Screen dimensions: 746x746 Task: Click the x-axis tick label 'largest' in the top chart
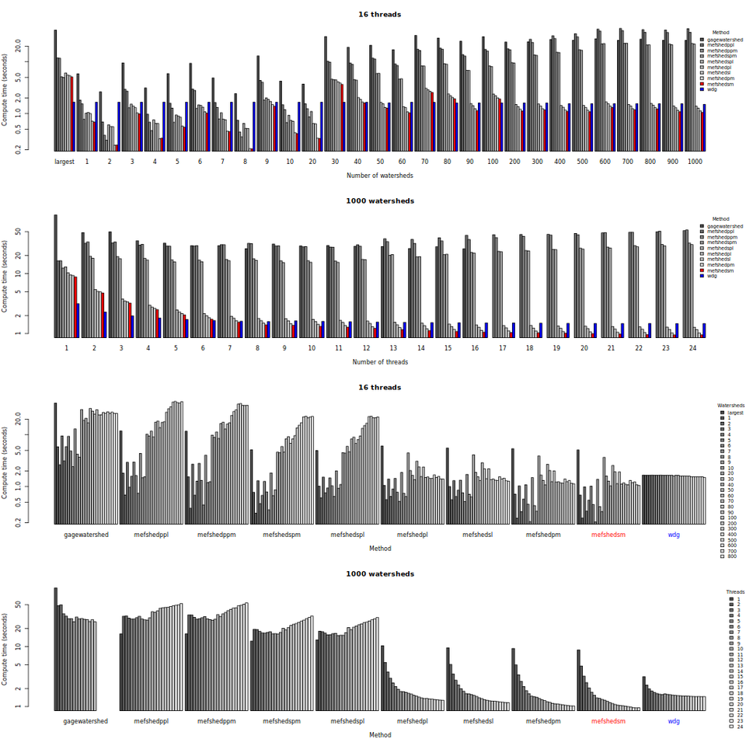point(64,162)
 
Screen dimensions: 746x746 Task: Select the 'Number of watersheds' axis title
point(380,176)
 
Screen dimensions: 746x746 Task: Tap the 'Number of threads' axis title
point(380,362)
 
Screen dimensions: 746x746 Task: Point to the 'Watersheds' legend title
point(730,406)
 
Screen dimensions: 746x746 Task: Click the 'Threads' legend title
point(734,592)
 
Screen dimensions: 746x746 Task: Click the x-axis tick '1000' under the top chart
point(695,162)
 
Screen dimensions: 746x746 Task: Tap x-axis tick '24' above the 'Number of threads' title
point(694,348)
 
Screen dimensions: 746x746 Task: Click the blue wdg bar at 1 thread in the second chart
point(78,319)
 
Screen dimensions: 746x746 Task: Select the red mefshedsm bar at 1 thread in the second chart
point(75,306)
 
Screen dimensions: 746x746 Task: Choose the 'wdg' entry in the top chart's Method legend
point(712,89)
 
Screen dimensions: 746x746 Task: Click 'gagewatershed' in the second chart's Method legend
point(724,225)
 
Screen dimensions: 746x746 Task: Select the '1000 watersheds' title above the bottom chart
point(380,573)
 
